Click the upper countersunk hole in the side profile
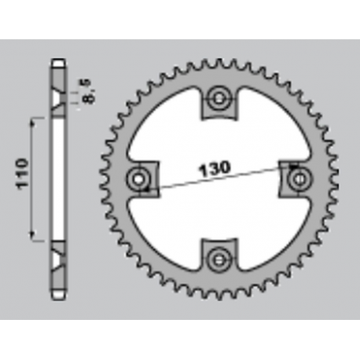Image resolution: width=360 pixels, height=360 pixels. [x=60, y=99]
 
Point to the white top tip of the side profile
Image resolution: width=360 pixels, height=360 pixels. [x=60, y=62]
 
